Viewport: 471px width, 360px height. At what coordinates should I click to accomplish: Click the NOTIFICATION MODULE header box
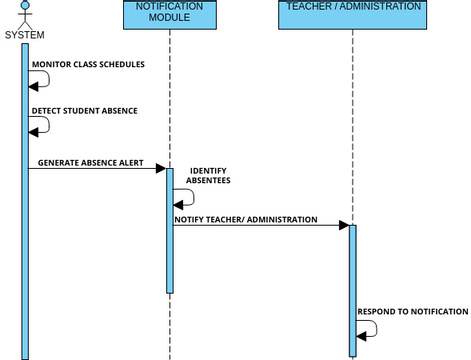tap(169, 14)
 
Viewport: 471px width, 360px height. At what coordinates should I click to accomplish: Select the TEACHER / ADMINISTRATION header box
tap(352, 14)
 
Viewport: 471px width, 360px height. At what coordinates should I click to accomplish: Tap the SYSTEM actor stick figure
tap(25, 14)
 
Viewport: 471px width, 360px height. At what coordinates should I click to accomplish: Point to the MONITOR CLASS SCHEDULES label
tap(88, 65)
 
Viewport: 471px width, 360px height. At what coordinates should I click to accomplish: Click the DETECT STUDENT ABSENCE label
tap(84, 111)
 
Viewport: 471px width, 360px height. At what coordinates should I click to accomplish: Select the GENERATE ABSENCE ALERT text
tap(90, 162)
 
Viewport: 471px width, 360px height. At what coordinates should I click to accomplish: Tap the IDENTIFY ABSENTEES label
tap(209, 176)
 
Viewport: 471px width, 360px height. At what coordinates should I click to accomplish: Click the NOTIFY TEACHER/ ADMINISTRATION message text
tap(246, 219)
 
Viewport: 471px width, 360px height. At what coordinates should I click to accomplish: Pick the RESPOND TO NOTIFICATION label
tap(412, 312)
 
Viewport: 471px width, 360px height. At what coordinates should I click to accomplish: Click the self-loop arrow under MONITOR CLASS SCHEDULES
tap(41, 83)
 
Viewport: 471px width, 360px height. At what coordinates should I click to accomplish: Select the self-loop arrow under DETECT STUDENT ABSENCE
tap(41, 128)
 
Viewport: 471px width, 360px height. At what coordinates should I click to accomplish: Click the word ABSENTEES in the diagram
tap(209, 182)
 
